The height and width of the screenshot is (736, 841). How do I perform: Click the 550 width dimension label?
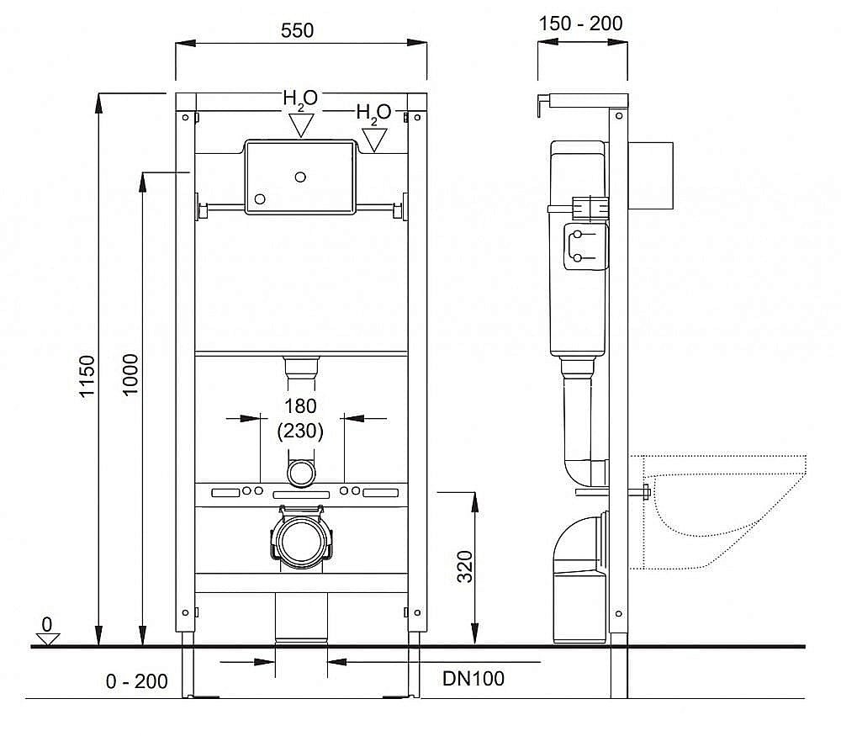298,30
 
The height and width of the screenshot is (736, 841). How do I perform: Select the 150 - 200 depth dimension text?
581,23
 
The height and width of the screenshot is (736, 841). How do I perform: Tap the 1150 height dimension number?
88,378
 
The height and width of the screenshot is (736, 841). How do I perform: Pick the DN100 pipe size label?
474,678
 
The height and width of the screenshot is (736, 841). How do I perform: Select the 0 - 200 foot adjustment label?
137,681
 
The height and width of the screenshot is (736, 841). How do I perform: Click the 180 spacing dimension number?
300,406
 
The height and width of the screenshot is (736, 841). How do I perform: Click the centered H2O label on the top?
300,98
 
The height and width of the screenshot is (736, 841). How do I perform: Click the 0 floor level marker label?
47,624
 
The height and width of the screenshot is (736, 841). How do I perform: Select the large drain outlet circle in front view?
300,540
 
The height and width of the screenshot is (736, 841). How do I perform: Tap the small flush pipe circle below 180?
300,473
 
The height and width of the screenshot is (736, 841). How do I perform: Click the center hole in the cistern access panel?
300,177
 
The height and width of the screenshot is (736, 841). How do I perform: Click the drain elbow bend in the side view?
579,538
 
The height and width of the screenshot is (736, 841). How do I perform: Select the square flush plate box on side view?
653,175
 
